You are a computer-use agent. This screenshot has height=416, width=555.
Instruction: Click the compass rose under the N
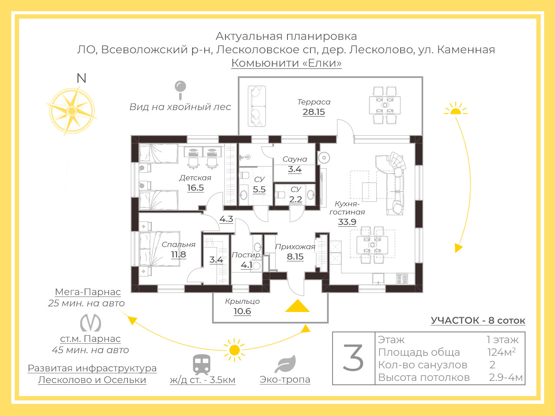click(72, 110)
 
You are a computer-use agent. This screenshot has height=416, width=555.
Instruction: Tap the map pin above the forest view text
click(180, 90)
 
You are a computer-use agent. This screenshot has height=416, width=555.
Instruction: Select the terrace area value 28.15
click(314, 112)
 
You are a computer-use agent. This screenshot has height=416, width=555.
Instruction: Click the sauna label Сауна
click(295, 159)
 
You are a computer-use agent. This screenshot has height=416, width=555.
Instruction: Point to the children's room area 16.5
click(196, 188)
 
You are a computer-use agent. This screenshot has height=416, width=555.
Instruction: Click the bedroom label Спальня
click(179, 244)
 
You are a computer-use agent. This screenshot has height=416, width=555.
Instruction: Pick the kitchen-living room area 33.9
click(347, 222)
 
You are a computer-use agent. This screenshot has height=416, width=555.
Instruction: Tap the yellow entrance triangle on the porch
click(297, 305)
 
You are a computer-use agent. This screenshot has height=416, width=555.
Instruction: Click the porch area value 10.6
click(242, 311)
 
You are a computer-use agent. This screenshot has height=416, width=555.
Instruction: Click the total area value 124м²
click(502, 352)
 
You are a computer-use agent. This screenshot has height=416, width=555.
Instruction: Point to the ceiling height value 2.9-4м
click(506, 377)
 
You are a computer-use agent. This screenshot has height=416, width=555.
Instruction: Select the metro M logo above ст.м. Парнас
click(91, 322)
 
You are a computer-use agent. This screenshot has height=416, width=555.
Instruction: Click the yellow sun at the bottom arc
click(235, 350)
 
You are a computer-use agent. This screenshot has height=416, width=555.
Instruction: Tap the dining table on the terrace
click(385, 105)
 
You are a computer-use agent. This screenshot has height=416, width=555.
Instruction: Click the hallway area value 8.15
click(295, 257)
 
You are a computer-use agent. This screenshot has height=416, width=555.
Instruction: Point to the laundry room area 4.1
click(247, 265)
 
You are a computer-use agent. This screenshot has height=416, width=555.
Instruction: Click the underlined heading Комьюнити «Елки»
click(287, 63)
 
